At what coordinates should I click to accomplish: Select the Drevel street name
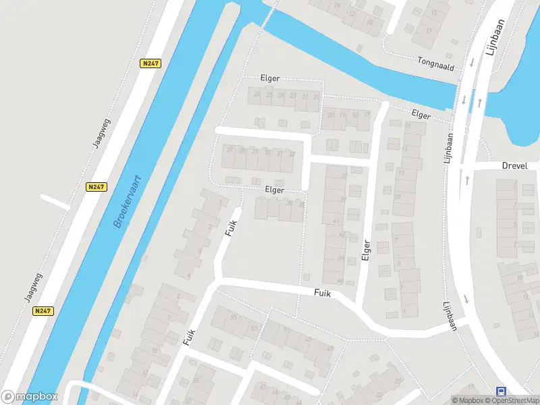click(515, 166)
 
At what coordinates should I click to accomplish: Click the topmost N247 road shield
click(150, 63)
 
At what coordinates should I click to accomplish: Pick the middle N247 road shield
click(97, 187)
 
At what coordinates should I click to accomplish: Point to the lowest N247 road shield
click(42, 310)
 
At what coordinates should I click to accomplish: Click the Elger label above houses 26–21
click(271, 78)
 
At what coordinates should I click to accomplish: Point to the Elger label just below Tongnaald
click(420, 115)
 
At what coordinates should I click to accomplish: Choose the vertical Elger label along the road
click(367, 250)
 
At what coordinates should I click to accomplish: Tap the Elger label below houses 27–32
click(275, 191)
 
